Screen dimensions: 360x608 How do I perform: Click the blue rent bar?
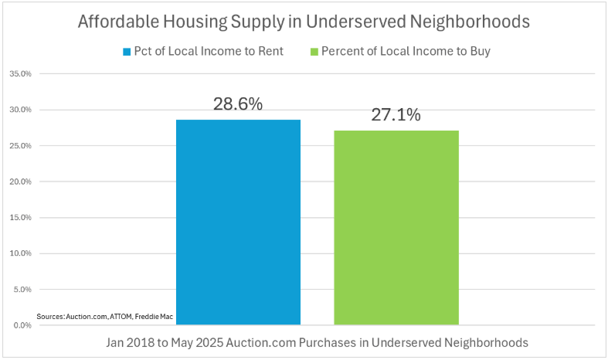click(238, 222)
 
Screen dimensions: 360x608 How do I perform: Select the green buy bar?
click(396, 228)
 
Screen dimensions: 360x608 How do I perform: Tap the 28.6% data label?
click(238, 104)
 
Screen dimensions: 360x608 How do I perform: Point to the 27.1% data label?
click(396, 115)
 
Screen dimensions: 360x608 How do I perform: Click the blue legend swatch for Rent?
click(127, 52)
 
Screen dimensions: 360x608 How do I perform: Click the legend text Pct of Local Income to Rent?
click(209, 52)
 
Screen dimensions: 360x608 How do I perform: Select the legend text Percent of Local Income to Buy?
click(406, 52)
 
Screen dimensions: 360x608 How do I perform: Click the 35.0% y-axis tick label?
click(20, 74)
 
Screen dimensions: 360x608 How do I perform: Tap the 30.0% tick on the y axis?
click(20, 110)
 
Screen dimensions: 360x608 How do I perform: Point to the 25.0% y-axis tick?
click(20, 146)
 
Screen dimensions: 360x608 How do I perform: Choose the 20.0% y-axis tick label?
click(20, 182)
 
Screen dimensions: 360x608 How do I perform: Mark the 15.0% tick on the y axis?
click(20, 217)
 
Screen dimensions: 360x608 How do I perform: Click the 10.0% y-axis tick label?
click(20, 253)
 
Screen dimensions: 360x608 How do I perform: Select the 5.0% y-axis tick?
click(22, 289)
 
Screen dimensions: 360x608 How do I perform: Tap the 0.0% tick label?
click(22, 325)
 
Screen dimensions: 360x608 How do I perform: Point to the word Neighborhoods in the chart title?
click(470, 22)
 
